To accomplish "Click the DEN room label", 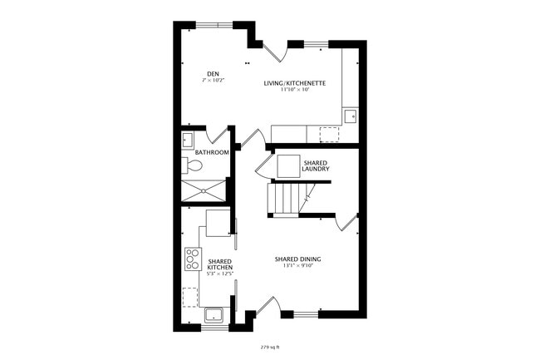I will (214, 74).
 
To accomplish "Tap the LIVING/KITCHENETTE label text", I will (294, 83).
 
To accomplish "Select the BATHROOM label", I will (212, 153).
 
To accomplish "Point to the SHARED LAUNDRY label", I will (316, 167).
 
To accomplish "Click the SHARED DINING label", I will (297, 259).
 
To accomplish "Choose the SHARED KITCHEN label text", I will (219, 264).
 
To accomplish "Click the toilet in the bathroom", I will (193, 166).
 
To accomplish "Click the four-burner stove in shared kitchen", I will (193, 259).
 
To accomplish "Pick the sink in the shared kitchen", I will (213, 315).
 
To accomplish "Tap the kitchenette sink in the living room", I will (351, 116).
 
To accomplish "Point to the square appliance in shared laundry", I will (288, 165).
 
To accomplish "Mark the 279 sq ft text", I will (269, 346).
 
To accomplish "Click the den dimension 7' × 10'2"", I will (214, 81).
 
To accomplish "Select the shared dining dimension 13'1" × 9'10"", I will (297, 267).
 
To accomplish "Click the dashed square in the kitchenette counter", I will (330, 134).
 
